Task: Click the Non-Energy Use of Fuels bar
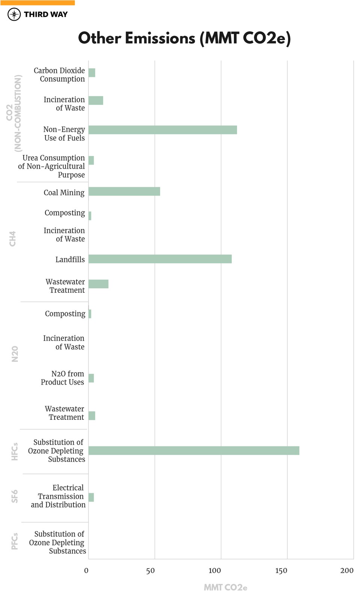tap(162, 130)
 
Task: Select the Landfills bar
tap(160, 259)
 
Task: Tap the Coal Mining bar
tap(124, 192)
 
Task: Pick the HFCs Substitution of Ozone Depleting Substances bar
tap(193, 451)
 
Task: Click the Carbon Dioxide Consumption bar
tap(92, 73)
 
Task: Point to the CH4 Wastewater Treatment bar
tap(98, 284)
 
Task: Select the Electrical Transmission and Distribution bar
tap(91, 497)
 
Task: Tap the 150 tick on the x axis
tap(281, 571)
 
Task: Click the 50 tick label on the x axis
tap(150, 571)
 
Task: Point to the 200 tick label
tap(346, 571)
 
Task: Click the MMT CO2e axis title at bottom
tap(225, 587)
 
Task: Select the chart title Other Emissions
tap(184, 38)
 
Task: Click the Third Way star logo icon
tap(14, 15)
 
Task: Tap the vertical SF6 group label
tap(15, 496)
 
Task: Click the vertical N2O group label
tap(15, 354)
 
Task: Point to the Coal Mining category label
tap(64, 193)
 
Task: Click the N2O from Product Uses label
tap(63, 378)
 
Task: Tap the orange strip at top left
tap(37, 3)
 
